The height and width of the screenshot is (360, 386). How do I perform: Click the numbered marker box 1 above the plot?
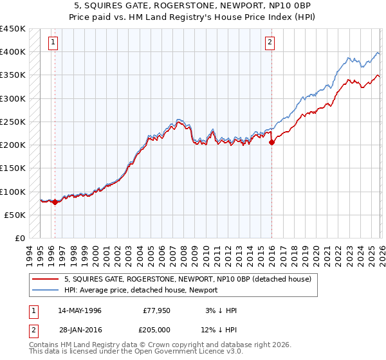tap(52, 43)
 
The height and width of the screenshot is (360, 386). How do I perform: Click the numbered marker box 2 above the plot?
tap(270, 43)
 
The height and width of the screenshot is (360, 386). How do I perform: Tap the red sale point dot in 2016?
tap(271, 143)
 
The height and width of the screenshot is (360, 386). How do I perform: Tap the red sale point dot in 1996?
tap(55, 202)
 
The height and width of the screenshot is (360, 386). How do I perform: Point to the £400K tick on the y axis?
tap(13, 52)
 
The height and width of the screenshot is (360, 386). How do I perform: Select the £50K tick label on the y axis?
tap(15, 215)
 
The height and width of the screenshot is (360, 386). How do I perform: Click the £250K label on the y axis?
tap(13, 122)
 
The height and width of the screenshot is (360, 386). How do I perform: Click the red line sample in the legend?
tap(45, 279)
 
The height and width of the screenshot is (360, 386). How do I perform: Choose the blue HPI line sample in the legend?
tap(45, 290)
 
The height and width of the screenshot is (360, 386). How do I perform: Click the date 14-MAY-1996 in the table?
tap(80, 310)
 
